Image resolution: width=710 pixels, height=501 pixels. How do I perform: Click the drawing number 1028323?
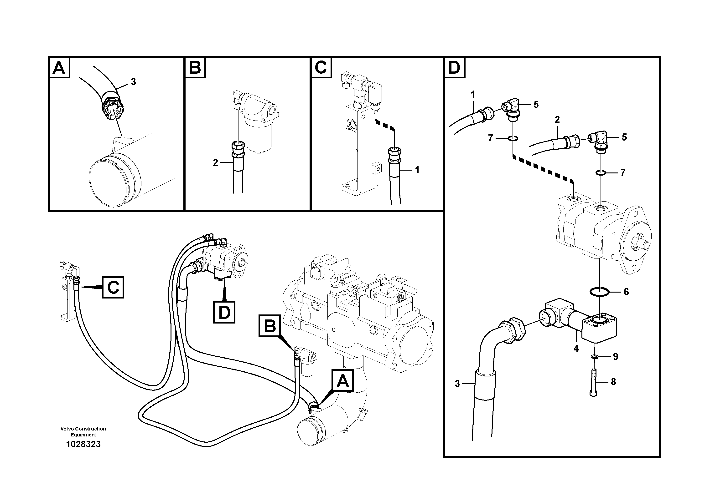click(83, 444)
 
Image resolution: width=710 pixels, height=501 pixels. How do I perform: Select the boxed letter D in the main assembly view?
click(224, 312)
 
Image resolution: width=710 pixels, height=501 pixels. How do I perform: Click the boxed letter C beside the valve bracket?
click(113, 287)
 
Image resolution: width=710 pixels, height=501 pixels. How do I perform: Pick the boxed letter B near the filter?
click(270, 326)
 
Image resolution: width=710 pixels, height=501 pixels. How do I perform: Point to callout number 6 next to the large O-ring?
click(626, 292)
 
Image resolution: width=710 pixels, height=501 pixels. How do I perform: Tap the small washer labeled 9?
click(593, 357)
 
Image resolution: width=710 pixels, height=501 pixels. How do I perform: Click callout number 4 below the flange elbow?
click(576, 349)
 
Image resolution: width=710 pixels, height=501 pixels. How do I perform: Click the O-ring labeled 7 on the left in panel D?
click(512, 138)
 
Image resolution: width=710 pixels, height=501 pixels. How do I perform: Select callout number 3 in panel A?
click(133, 82)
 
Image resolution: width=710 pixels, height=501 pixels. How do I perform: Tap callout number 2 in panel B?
click(216, 162)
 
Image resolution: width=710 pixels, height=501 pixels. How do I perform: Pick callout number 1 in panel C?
click(417, 170)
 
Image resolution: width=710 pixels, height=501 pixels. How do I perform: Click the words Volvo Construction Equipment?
click(83, 431)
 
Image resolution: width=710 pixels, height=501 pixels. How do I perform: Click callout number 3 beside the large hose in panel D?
click(457, 384)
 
